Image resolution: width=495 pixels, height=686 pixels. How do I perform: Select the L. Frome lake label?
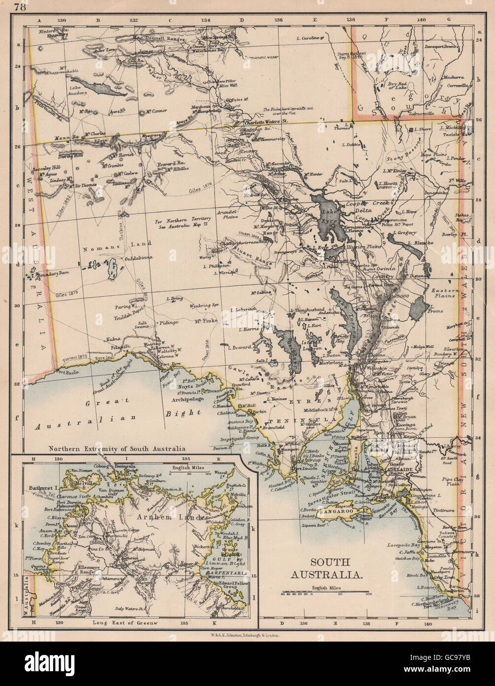point(447,311)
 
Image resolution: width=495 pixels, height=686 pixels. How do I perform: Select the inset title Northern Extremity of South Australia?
point(116,449)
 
